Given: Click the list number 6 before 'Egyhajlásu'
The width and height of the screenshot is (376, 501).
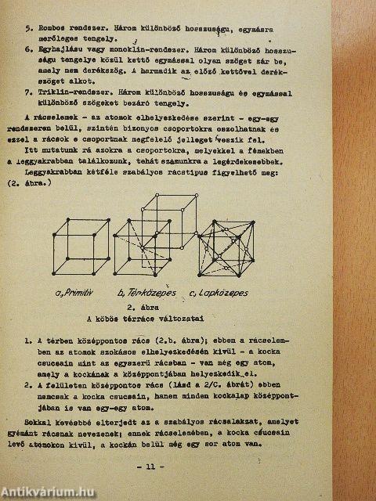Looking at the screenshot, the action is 28,48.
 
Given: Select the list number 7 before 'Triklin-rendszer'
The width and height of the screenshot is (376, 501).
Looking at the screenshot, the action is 28,92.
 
